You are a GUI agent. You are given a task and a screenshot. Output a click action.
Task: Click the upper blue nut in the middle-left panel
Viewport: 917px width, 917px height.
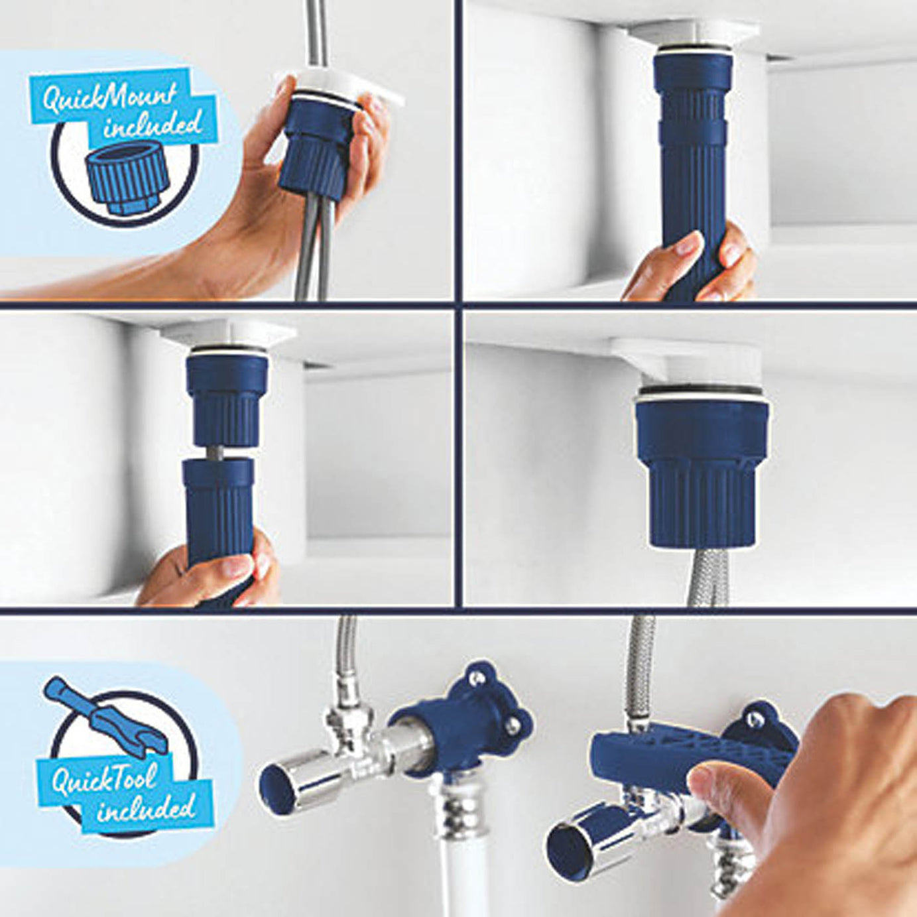(228, 398)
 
